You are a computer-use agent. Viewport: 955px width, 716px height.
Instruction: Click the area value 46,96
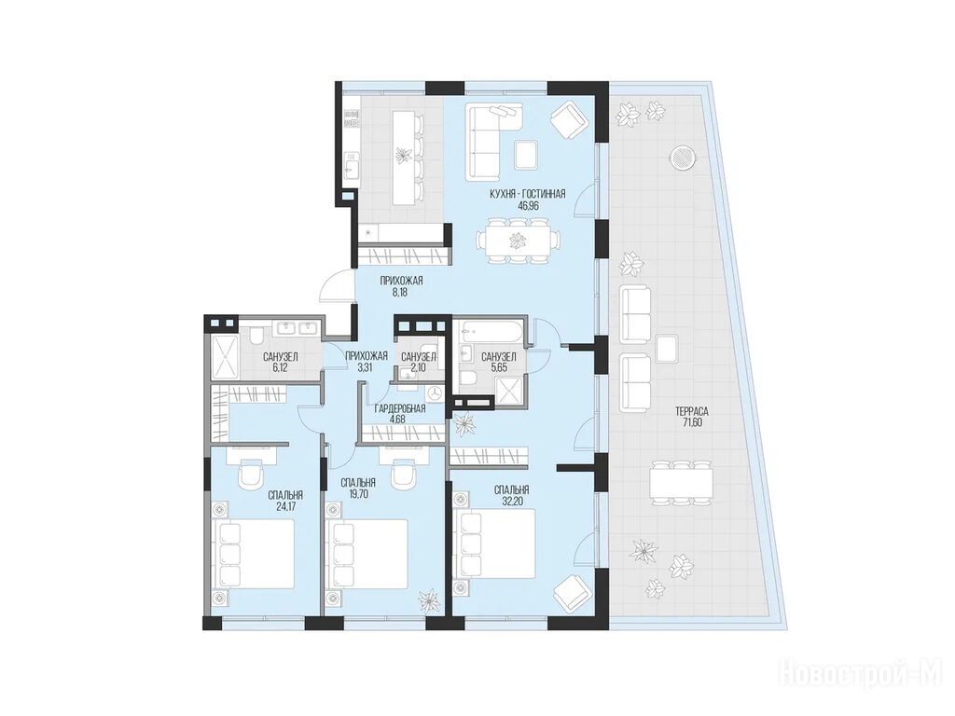528,206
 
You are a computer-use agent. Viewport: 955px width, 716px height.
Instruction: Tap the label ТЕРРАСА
691,411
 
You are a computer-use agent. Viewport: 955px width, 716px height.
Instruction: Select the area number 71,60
691,422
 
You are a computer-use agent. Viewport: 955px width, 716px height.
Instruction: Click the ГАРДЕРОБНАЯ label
399,408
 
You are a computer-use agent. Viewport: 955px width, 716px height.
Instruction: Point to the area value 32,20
512,501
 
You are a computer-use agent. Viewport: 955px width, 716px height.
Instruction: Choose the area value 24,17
285,506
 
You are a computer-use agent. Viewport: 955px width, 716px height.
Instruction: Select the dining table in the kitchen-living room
517,241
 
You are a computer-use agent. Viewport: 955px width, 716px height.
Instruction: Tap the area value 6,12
280,367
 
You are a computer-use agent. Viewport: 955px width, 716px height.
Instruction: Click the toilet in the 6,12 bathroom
256,335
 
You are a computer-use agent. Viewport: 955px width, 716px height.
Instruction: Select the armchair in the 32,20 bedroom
571,593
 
